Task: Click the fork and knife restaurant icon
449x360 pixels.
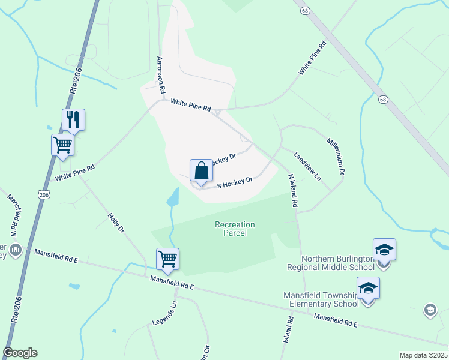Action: point(73,119)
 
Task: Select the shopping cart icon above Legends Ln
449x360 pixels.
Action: point(168,259)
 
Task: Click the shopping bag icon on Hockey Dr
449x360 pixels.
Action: point(201,170)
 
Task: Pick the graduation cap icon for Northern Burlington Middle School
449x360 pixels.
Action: point(384,250)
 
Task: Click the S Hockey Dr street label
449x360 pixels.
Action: point(234,182)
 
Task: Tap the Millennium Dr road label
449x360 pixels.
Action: point(336,157)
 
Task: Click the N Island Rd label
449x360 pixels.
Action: point(292,190)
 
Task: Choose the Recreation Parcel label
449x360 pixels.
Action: point(235,229)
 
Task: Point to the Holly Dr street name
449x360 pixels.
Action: point(116,223)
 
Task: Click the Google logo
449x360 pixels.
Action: point(20,353)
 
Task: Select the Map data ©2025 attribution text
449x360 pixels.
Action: point(423,355)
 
